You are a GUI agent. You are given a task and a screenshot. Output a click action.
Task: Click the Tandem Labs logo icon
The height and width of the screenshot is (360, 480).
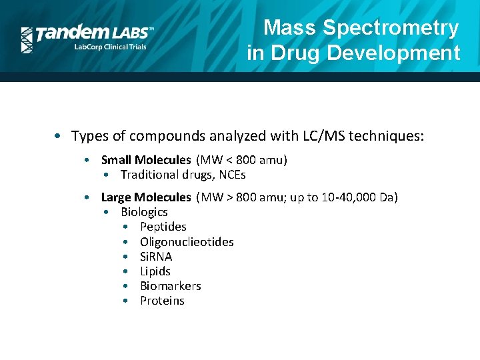[27, 40]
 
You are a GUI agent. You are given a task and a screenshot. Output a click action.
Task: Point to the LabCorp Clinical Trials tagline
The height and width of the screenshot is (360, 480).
[110, 47]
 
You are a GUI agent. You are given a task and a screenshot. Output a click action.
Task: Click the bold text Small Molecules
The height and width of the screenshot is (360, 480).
[145, 159]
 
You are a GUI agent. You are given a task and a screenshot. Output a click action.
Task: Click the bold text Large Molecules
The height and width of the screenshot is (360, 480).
[145, 197]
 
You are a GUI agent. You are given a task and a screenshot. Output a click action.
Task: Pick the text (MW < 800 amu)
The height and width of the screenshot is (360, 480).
[241, 159]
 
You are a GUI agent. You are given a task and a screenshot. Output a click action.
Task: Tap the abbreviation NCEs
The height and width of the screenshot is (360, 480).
[232, 175]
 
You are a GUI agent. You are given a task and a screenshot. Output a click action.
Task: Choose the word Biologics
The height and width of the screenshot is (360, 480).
[144, 212]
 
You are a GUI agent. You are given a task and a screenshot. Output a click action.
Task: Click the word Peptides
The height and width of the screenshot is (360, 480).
[163, 227]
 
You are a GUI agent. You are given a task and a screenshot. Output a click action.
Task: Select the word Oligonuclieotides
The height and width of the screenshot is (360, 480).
[187, 241]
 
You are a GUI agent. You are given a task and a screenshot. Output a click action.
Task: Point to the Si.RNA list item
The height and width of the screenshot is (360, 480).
[156, 256]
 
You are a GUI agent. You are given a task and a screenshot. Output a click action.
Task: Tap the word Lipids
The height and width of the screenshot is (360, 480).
[155, 271]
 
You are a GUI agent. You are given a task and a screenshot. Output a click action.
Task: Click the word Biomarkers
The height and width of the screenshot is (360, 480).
[171, 285]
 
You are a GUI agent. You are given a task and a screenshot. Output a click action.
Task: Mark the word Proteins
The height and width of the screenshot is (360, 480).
[162, 301]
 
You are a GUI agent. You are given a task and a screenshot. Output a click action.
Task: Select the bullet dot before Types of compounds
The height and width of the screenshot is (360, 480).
[60, 137]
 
